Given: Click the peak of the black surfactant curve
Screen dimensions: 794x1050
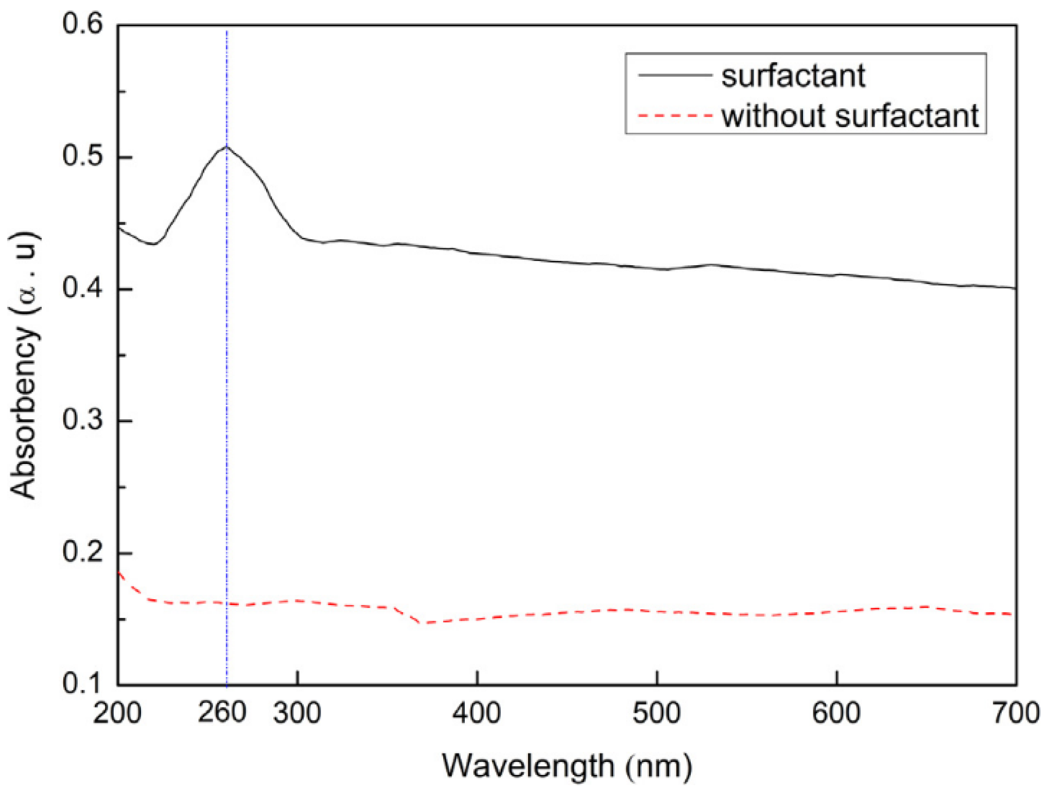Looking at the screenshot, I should pos(226,147).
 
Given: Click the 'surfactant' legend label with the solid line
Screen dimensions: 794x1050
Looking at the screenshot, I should pos(793,76).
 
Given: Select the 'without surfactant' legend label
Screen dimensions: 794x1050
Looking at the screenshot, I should pos(850,115).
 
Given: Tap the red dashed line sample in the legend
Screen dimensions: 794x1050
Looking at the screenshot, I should pos(675,115).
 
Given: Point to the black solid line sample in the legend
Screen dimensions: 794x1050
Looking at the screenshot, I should pos(675,75).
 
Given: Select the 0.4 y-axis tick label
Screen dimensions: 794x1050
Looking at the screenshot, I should pos(82,288).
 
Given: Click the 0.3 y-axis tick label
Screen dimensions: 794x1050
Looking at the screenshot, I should pos(82,420).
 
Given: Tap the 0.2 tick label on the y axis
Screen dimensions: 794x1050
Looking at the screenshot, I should pos(82,552).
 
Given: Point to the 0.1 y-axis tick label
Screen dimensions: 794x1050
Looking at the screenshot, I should pos(82,684).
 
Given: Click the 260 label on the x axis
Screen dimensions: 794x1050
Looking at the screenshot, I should pos(222,713).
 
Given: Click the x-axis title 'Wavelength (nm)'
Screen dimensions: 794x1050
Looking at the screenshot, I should pos(567,766).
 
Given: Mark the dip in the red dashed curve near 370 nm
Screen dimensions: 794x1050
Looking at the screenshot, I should pos(425,623).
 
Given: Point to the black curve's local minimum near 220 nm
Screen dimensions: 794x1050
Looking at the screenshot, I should pos(153,244).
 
